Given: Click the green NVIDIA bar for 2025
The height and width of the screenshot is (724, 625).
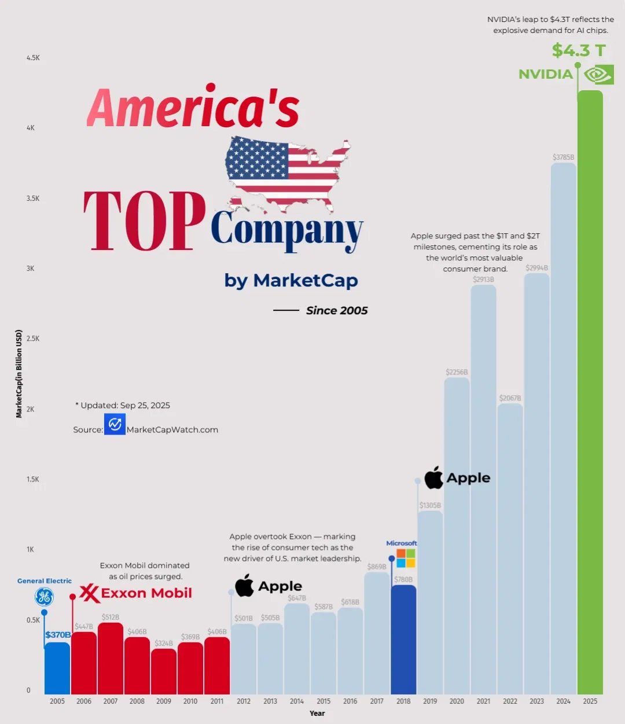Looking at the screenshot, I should coord(590,394).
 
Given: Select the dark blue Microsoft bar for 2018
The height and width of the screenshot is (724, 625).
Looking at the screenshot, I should coord(403,640).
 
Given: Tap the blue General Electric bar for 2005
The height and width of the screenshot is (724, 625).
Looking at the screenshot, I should coord(57,668).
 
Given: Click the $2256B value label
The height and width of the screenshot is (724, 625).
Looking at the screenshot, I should coord(457,372).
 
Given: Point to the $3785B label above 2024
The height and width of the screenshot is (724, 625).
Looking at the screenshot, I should coord(563,157).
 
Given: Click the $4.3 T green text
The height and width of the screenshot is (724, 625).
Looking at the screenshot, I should coord(579,50).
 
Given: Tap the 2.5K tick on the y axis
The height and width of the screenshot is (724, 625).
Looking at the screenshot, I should coord(33,339).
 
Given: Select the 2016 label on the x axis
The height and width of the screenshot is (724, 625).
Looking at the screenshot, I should coord(350,701).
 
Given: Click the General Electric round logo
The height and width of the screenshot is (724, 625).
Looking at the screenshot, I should coord(44,597).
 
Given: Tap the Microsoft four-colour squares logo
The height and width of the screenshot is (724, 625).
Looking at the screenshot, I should coord(406,558).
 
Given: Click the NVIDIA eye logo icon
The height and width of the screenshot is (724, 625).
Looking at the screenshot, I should coord(598,75).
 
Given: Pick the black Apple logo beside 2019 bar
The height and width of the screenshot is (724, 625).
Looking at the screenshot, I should coord(434,478).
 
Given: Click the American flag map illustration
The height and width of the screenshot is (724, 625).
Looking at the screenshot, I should coord(288,174).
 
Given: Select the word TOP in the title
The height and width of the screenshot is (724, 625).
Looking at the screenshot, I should coord(145,222).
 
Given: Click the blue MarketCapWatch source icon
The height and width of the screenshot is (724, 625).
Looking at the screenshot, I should coord(115,424).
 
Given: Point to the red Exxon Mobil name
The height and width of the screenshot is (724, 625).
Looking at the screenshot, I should coord(146,593).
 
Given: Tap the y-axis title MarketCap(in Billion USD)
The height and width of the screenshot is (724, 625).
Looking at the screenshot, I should coord(19,374).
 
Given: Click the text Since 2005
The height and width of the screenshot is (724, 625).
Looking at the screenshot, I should coord(337,311).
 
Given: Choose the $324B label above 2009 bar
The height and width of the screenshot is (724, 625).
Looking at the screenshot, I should coord(164,644).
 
